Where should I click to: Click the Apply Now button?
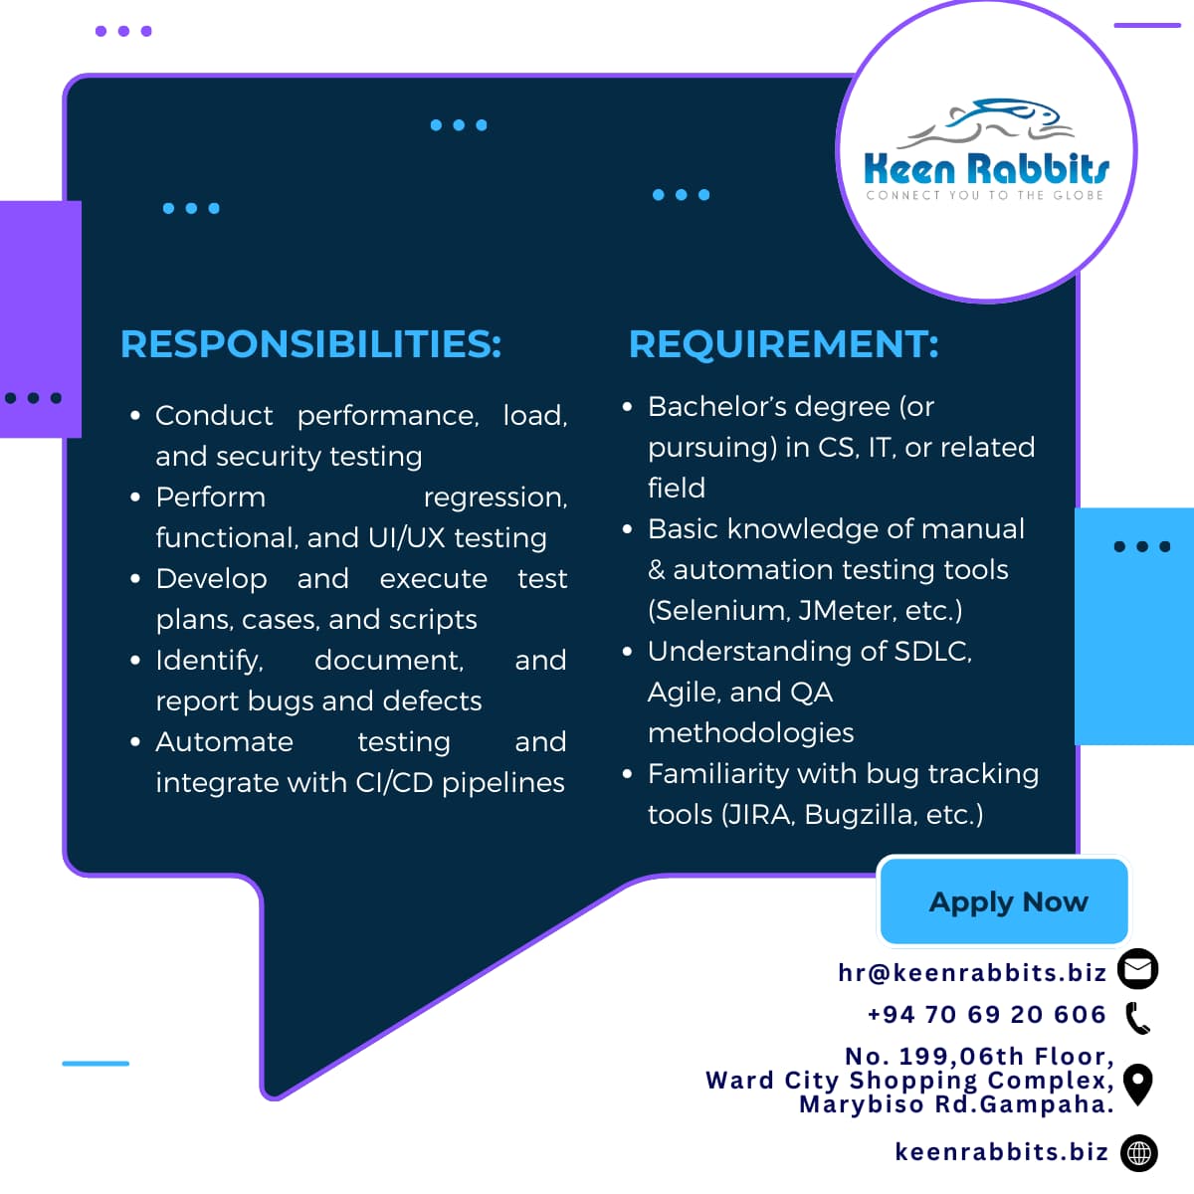pyautogui.click(x=1004, y=901)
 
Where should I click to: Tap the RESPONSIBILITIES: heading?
pyautogui.click(x=310, y=344)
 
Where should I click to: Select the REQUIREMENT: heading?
pyautogui.click(x=784, y=344)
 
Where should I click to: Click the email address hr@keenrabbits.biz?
pyautogui.click(x=972, y=973)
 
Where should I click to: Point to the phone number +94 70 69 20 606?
pyautogui.click(x=987, y=1014)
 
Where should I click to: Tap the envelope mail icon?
pyautogui.click(x=1138, y=969)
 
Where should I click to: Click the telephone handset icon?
pyautogui.click(x=1138, y=1018)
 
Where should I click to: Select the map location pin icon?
pyautogui.click(x=1138, y=1085)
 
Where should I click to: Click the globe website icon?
pyautogui.click(x=1139, y=1153)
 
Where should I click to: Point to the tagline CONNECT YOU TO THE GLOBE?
pyautogui.click(x=985, y=195)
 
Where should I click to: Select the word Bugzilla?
pyautogui.click(x=860, y=815)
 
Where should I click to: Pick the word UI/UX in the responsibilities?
pyautogui.click(x=407, y=538)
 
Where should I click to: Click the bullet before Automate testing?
pyautogui.click(x=135, y=741)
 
